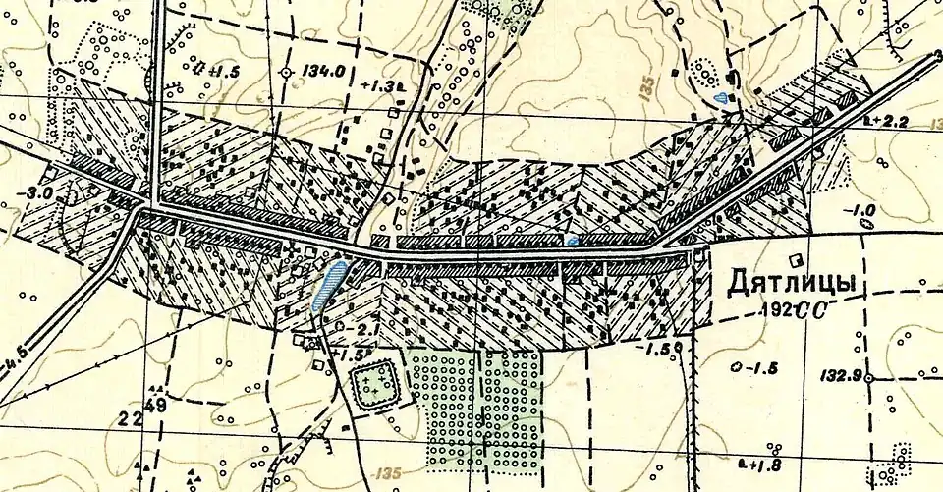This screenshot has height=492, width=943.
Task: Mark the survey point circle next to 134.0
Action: tap(286, 73)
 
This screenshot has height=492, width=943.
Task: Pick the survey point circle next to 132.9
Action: tap(870, 376)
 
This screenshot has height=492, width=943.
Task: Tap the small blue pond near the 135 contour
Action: tap(722, 97)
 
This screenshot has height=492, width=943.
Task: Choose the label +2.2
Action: tap(890, 121)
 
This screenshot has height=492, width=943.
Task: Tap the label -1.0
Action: tap(862, 209)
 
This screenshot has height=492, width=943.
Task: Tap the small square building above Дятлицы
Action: tap(799, 260)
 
